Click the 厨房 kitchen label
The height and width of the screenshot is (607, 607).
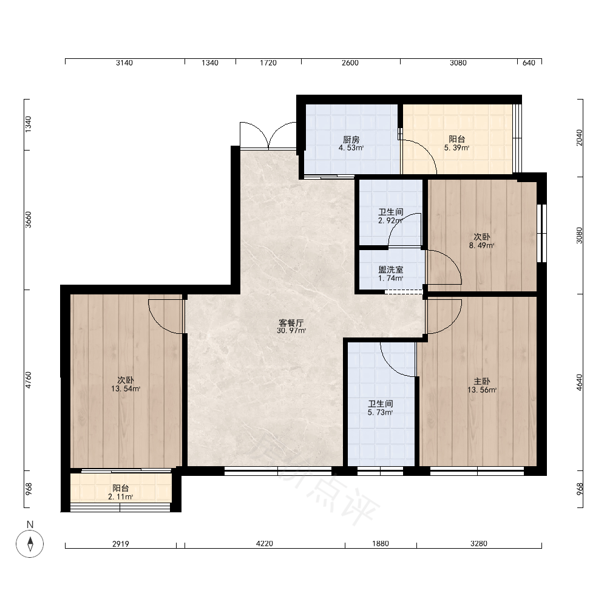click(351, 140)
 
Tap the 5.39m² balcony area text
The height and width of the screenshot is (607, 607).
click(457, 148)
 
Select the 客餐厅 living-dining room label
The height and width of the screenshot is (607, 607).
click(291, 323)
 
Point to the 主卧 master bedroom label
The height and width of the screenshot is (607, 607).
click(481, 382)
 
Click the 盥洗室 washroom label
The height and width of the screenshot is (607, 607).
click(390, 270)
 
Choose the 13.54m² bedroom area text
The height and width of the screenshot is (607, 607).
click(126, 388)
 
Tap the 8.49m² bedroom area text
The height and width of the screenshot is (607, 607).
click(481, 245)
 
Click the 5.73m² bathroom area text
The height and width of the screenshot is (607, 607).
click(380, 413)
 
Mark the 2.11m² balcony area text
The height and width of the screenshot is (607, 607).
click(121, 497)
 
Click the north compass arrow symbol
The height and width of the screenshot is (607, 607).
click(30, 543)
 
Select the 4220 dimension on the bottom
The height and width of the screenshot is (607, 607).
click(265, 543)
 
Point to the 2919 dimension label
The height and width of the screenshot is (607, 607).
click(121, 544)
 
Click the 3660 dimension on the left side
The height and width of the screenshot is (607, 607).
click(29, 220)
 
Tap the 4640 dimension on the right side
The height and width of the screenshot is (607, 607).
click(579, 382)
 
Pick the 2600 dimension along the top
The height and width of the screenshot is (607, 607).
click(350, 63)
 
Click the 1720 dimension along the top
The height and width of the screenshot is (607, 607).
click(268, 63)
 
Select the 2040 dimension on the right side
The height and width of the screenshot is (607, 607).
click(579, 137)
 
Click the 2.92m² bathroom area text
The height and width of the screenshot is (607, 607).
click(390, 221)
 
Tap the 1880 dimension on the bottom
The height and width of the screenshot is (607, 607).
click(381, 543)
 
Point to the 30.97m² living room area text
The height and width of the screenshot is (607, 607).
click(291, 331)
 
